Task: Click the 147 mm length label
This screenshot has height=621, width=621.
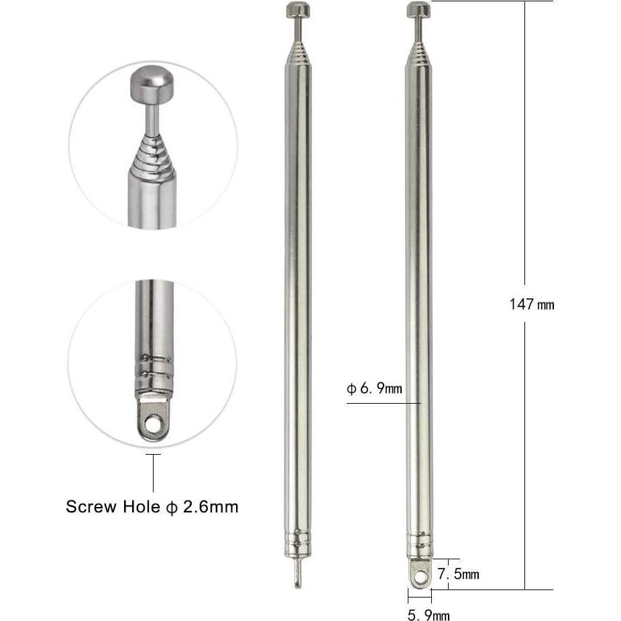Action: (532, 304)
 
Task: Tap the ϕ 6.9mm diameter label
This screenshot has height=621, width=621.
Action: (374, 388)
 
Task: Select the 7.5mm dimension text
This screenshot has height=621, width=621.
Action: (458, 574)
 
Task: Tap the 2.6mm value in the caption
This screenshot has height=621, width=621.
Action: (214, 506)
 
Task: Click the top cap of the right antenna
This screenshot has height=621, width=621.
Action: (418, 9)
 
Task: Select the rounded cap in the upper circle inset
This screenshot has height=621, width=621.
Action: (152, 82)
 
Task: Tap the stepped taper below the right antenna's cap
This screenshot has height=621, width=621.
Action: (418, 49)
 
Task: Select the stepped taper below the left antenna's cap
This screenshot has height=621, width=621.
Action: (296, 49)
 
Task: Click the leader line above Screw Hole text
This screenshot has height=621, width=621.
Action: (154, 473)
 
